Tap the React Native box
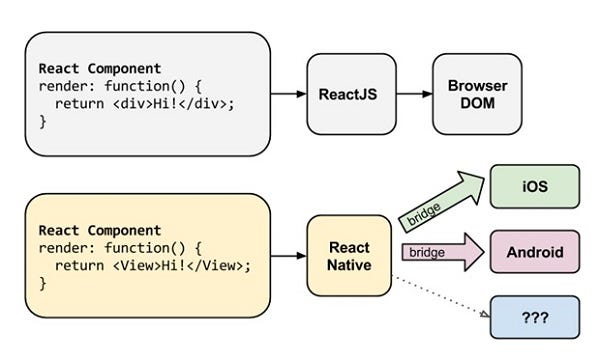(347, 256)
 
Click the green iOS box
(534, 186)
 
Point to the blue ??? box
(534, 316)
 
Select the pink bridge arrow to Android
(440, 251)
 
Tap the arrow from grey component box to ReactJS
(287, 94)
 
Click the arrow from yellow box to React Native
(287, 256)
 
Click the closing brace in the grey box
(43, 121)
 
